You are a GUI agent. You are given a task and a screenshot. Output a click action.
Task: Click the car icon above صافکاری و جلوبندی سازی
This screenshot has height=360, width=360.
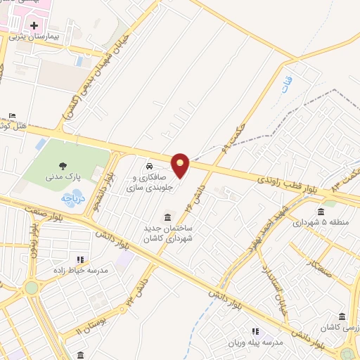(x=149, y=166)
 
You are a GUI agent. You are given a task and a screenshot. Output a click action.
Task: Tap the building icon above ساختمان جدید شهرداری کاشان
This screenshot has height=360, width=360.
(x=167, y=217)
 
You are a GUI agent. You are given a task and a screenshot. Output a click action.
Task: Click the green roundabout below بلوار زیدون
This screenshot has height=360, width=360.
(x=31, y=287)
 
